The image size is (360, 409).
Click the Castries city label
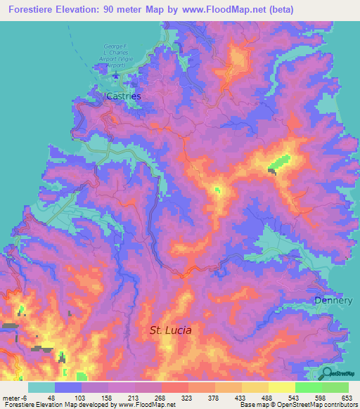click(x=123, y=95)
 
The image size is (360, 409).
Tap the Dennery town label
click(x=333, y=301)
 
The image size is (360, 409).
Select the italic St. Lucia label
click(x=171, y=329)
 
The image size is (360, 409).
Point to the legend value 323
click(x=188, y=397)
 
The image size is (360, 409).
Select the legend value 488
click(x=268, y=397)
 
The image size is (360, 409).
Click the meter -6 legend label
click(x=15, y=397)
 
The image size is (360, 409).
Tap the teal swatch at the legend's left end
click(x=41, y=387)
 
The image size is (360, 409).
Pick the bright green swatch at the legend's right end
click(x=335, y=387)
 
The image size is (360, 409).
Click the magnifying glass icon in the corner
click(x=328, y=374)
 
